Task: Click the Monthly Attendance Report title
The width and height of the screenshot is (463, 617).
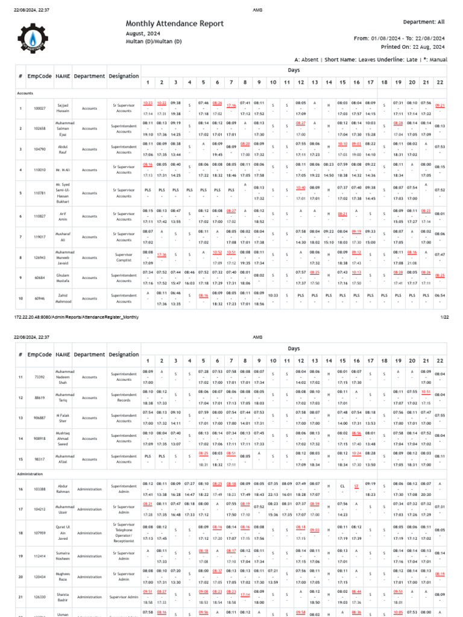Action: [x=174, y=23]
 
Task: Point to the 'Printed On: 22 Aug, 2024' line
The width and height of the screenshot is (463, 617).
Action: [x=411, y=46]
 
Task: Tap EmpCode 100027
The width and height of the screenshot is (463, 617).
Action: [x=40, y=108]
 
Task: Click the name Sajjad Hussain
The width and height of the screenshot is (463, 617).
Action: [x=63, y=108]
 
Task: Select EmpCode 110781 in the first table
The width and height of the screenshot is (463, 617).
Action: [x=40, y=193]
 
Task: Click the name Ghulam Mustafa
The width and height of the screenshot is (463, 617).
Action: [x=63, y=277]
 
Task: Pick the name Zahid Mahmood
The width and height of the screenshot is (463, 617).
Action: [x=63, y=298]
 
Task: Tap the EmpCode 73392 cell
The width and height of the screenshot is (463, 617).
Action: [x=40, y=377]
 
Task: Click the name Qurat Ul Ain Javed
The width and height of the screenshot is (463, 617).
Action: [x=63, y=533]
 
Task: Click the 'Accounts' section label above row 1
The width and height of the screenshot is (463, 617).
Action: [x=25, y=94]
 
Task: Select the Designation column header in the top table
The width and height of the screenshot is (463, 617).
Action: [x=124, y=77]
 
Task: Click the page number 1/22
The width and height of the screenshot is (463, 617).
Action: [x=445, y=316]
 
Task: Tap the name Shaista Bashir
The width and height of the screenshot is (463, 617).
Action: [x=63, y=597]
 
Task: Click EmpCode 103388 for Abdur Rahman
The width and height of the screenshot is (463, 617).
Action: [x=40, y=489]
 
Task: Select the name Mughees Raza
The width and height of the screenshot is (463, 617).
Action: [x=63, y=577]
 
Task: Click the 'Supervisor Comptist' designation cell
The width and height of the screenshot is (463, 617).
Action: [x=124, y=257]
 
